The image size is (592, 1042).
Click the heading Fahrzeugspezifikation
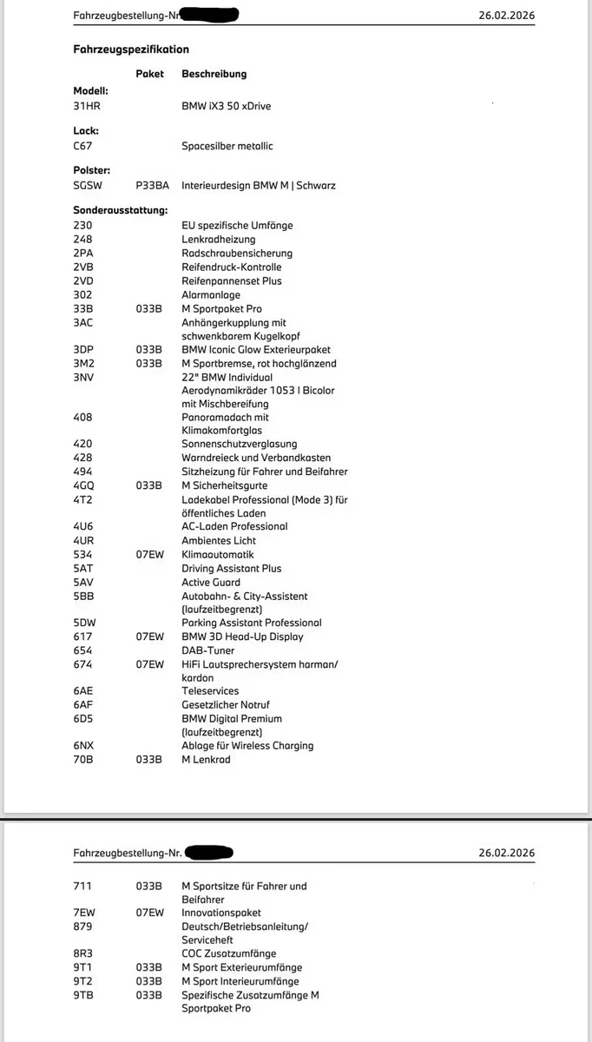click(131, 49)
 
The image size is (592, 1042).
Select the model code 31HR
click(87, 106)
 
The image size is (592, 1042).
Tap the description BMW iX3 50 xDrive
click(227, 106)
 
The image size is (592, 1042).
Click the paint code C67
click(82, 146)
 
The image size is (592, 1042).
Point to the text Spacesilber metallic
click(227, 146)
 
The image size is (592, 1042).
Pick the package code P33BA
click(153, 186)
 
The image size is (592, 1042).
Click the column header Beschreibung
click(214, 75)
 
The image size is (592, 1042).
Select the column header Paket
click(150, 75)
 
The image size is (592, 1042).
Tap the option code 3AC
click(83, 323)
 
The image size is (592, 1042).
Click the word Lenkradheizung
click(219, 239)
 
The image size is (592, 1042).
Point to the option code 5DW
click(85, 623)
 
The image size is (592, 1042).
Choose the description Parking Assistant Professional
click(252, 623)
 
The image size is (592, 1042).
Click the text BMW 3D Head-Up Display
click(243, 636)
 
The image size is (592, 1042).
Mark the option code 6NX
click(84, 746)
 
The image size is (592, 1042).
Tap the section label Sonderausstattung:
click(121, 211)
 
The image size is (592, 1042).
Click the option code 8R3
click(83, 953)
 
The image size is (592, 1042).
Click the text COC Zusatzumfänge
click(229, 953)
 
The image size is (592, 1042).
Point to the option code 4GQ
click(84, 485)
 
